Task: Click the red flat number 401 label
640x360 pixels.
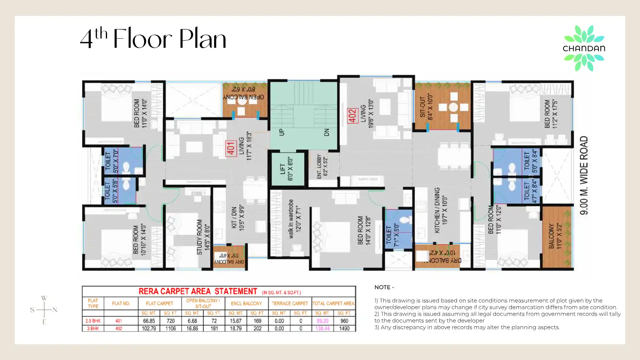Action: (x=231, y=149)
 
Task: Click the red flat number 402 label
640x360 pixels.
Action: (x=352, y=116)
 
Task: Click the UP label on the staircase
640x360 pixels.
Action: (x=281, y=132)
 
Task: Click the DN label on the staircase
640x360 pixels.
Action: (x=327, y=132)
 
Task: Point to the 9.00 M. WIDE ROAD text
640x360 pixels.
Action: (x=584, y=175)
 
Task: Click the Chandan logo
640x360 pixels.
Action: (x=584, y=48)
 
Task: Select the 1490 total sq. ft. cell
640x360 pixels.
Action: (x=344, y=329)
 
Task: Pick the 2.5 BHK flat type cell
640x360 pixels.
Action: (x=93, y=321)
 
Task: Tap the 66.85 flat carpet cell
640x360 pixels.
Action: (x=149, y=321)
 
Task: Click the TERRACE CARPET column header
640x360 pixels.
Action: (x=290, y=304)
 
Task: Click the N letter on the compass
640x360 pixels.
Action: (x=55, y=310)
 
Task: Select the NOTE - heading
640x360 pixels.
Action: (x=384, y=287)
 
